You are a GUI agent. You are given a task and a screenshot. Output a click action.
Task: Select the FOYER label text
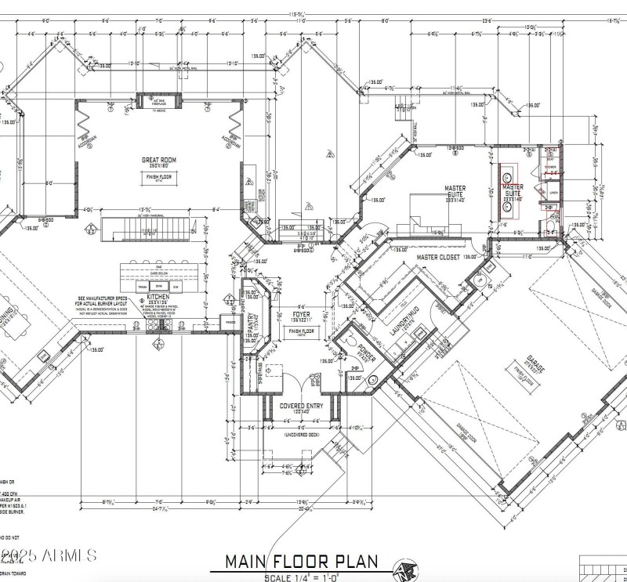point(301,313)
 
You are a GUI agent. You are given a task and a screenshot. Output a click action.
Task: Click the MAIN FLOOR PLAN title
point(302,561)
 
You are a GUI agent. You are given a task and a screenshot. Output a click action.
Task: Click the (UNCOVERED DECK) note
point(301,434)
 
